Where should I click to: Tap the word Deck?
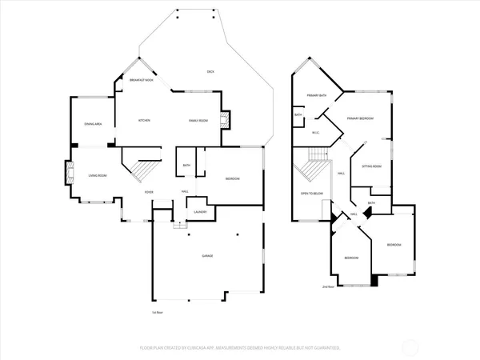tap(211, 72)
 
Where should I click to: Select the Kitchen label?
tap(144, 121)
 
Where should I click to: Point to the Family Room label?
tap(198, 121)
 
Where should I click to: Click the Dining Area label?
tap(93, 124)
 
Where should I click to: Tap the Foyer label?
tap(149, 192)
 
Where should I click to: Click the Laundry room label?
tap(200, 211)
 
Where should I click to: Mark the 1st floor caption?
tap(157, 312)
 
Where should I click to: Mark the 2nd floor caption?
tap(327, 286)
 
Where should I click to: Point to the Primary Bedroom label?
tap(361, 118)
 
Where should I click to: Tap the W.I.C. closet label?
tap(315, 133)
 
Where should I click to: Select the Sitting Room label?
tap(372, 166)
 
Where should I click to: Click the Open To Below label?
tap(311, 194)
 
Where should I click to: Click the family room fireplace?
tap(226, 121)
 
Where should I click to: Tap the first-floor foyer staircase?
tap(140, 170)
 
